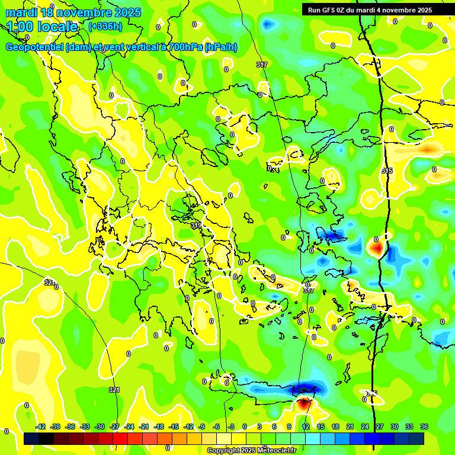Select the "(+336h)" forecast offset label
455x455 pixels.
pyautogui.click(x=105, y=27)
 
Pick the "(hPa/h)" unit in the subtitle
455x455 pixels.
pyautogui.click(x=220, y=47)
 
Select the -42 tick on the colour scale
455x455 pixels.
pyautogui.click(x=41, y=427)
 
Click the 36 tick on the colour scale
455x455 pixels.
pyautogui.click(x=424, y=427)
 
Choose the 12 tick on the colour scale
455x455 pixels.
pyautogui.click(x=305, y=427)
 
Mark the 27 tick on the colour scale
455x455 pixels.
pyautogui.click(x=380, y=427)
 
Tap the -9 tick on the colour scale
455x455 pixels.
pyautogui.click(x=202, y=427)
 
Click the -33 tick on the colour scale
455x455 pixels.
pyautogui.click(x=85, y=427)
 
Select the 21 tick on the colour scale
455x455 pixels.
pyautogui.click(x=350, y=427)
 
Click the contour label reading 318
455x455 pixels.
pyautogui.click(x=197, y=225)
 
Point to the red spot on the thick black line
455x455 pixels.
pyautogui.click(x=377, y=247)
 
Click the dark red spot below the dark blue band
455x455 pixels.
pyautogui.click(x=305, y=404)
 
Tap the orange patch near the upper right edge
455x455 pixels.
pyautogui.click(x=428, y=149)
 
